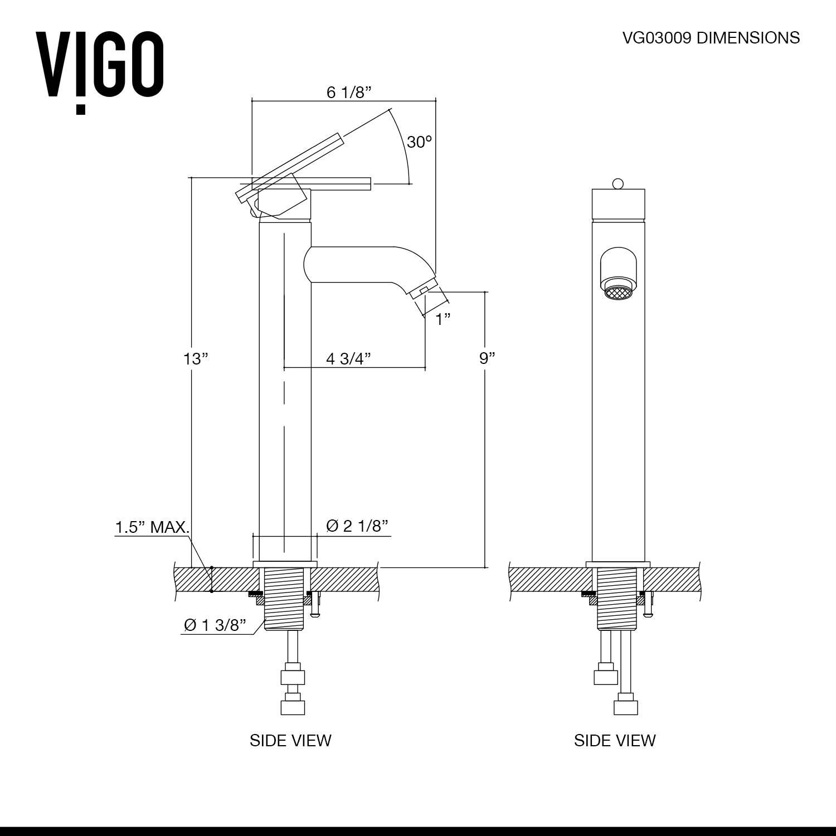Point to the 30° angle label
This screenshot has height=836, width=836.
(x=419, y=142)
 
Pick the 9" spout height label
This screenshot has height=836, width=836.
(x=487, y=358)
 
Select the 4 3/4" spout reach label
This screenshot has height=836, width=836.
(x=348, y=358)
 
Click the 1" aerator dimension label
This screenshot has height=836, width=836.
(x=443, y=319)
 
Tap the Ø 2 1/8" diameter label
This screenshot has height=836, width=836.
(x=357, y=526)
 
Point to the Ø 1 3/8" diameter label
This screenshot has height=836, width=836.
(x=215, y=625)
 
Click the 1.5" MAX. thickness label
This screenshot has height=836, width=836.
(x=152, y=527)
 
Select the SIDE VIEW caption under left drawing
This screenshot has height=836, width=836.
(x=290, y=740)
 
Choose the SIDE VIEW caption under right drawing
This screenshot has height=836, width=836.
(x=615, y=740)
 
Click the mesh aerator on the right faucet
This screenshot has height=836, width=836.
(x=618, y=293)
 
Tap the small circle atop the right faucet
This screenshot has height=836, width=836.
(x=617, y=183)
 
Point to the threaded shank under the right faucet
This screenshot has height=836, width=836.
(x=618, y=599)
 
